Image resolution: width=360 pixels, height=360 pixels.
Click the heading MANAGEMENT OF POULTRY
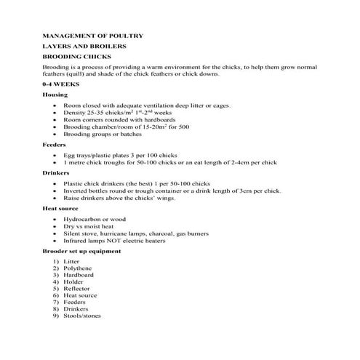92,35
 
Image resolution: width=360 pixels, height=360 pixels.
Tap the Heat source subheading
61,210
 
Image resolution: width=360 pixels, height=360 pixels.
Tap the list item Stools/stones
82,316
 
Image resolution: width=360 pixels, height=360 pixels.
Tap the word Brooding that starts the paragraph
56,65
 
